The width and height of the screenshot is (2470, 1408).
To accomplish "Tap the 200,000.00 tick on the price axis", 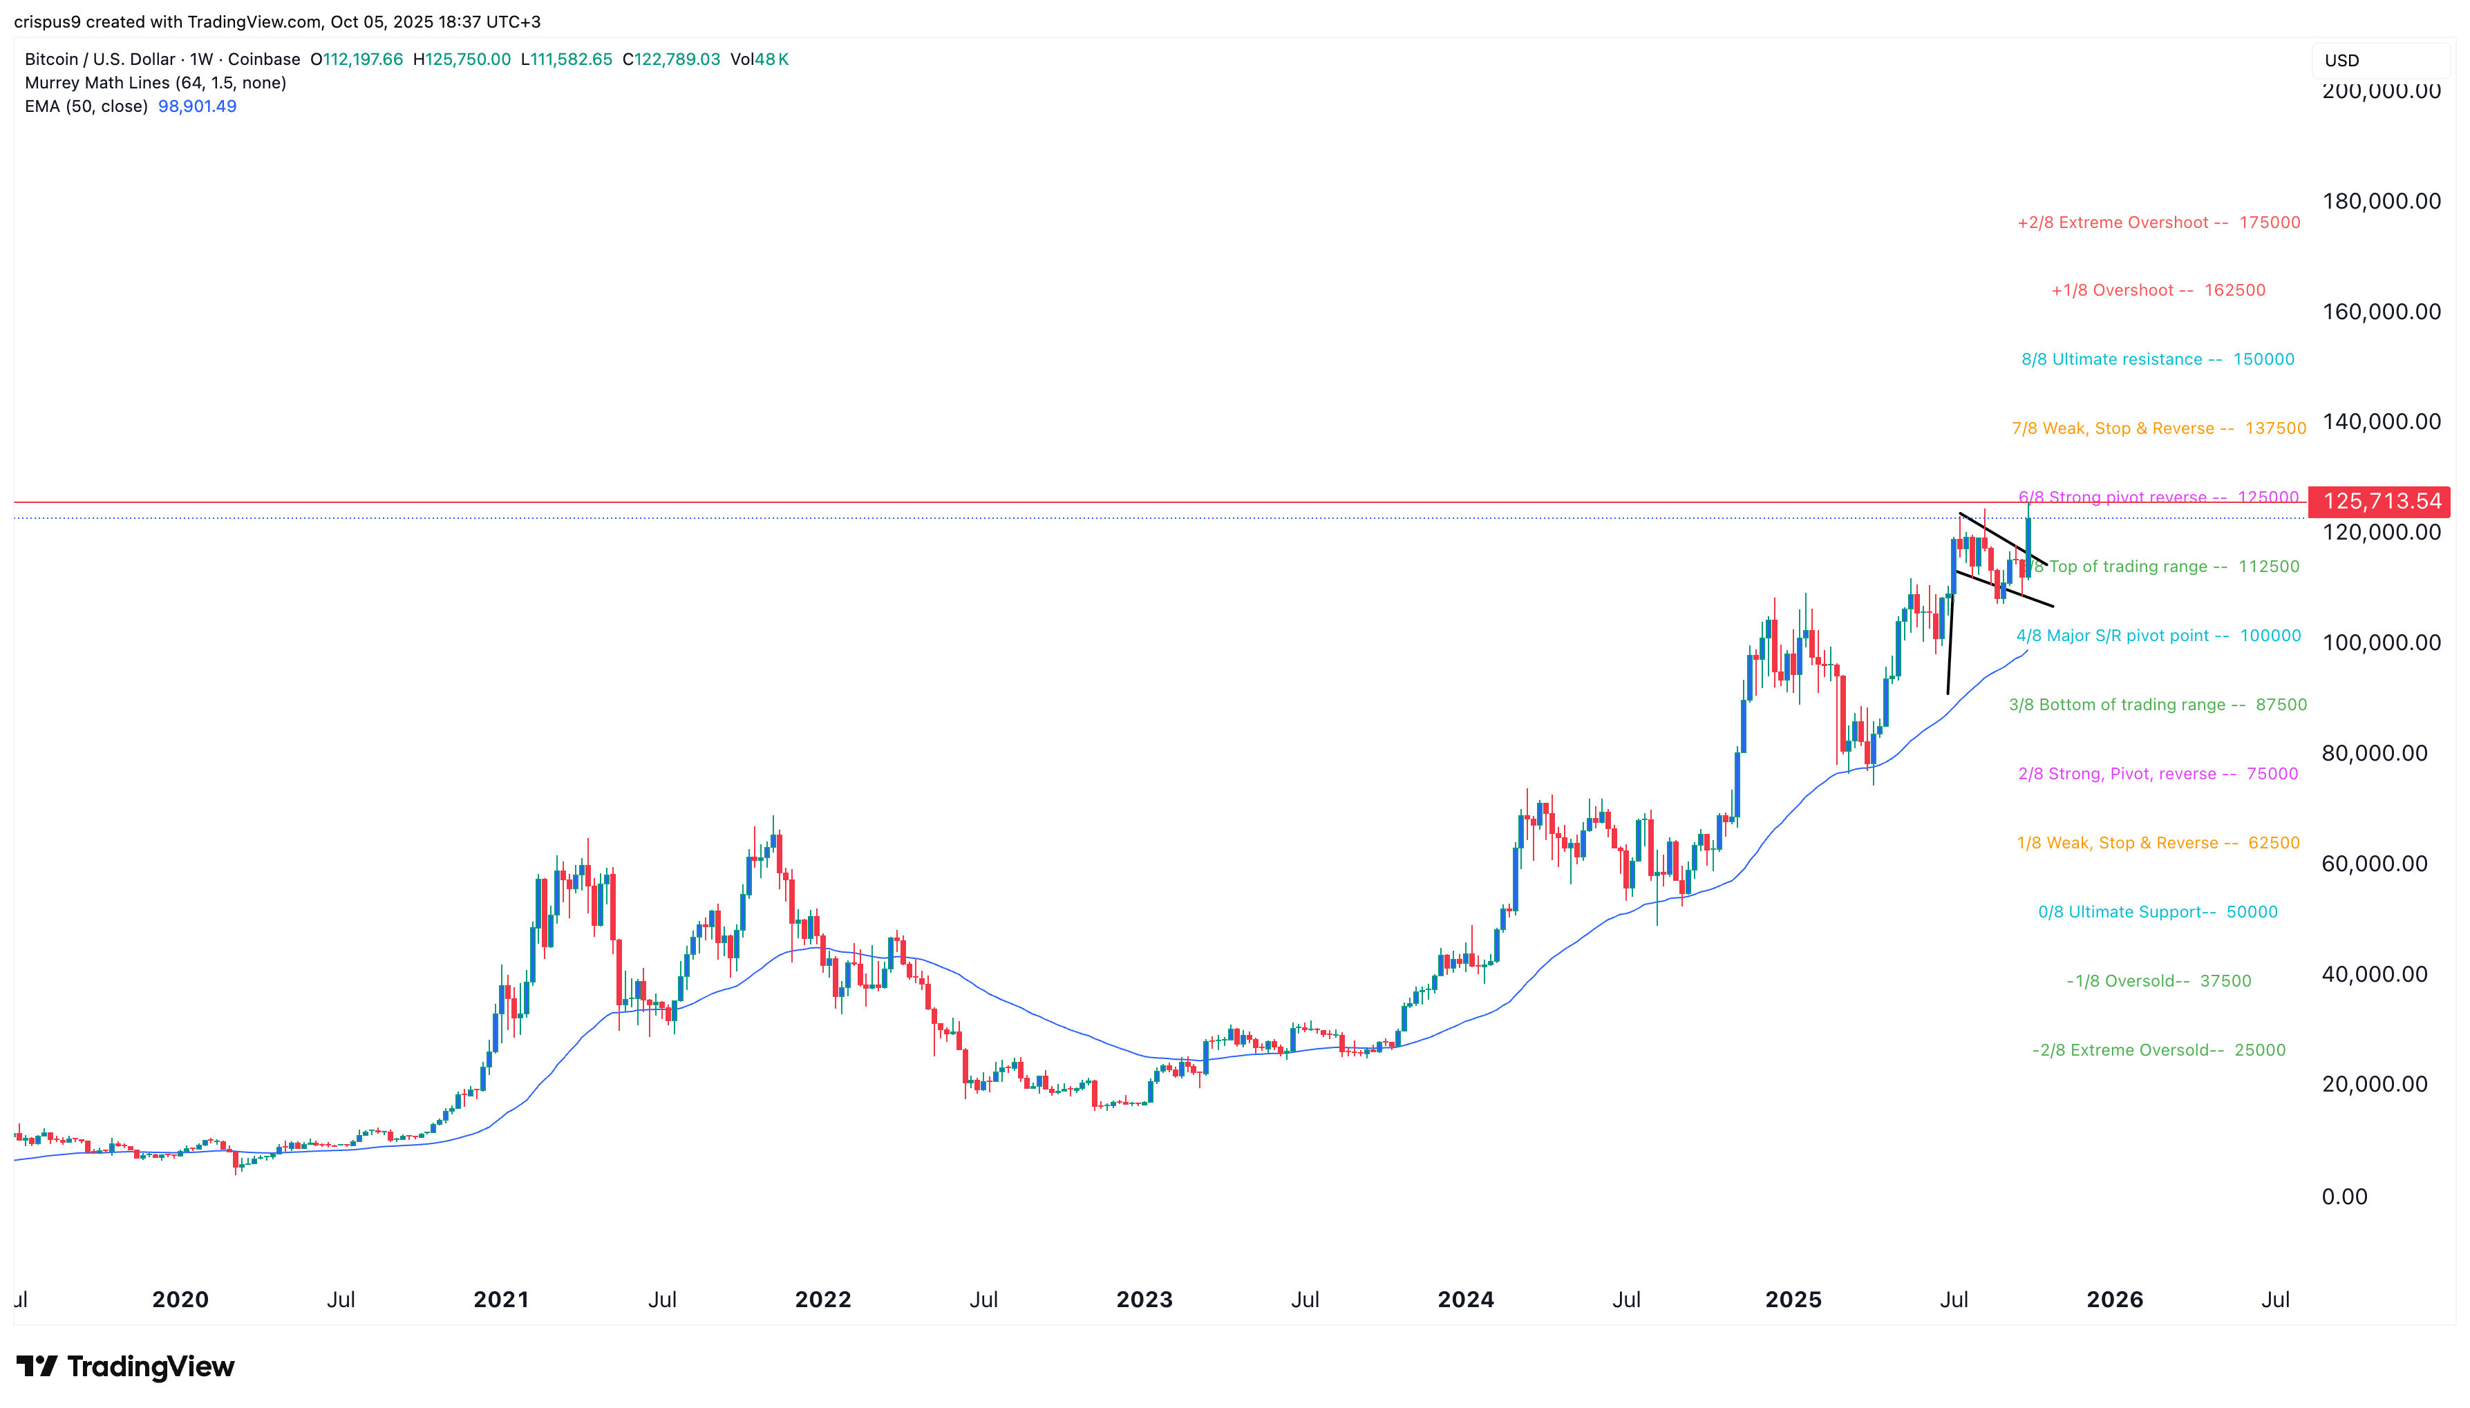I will [2381, 91].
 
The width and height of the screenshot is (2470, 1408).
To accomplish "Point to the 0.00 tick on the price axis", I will [2344, 1196].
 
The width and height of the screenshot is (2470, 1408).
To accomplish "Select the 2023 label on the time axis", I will [1144, 1299].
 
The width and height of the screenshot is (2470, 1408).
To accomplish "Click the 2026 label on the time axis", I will [2114, 1299].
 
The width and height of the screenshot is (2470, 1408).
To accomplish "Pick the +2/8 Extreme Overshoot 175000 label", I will [2158, 222].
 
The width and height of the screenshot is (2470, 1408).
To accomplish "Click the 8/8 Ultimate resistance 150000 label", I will [2157, 359].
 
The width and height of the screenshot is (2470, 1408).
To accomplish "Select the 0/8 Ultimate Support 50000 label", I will [2157, 912].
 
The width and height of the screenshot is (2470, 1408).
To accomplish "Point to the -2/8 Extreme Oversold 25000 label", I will [2158, 1050].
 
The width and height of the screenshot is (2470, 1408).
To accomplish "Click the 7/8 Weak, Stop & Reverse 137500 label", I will [2158, 428].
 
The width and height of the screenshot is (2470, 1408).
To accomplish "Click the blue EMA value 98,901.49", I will [197, 106].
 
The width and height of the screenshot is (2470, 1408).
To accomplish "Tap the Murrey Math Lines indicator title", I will [155, 83].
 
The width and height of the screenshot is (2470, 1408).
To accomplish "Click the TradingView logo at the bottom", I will [126, 1367].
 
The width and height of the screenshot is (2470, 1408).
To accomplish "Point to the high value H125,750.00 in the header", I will [462, 59].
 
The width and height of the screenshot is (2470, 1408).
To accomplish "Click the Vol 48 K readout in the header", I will [760, 59].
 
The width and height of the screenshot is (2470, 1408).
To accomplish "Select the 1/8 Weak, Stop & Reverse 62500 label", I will [2157, 844].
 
